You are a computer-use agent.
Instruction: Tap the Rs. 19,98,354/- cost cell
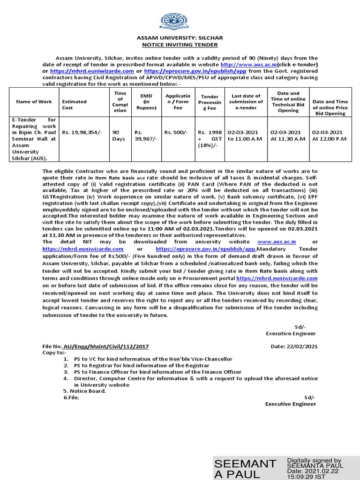78,133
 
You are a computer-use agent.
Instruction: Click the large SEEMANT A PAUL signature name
245,468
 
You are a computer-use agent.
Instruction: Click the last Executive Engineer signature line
290,404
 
